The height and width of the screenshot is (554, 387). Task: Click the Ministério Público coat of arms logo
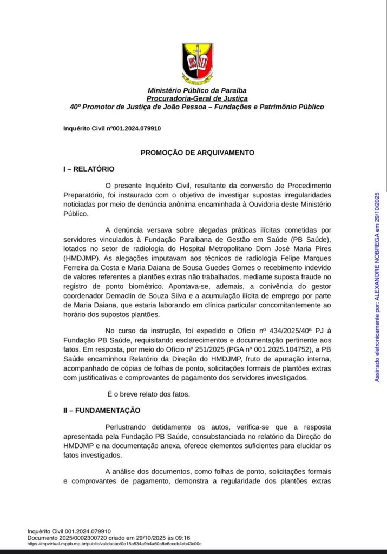[197, 62]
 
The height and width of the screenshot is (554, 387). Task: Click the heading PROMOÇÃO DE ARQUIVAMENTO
[197, 153]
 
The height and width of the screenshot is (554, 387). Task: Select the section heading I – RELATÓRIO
[89, 169]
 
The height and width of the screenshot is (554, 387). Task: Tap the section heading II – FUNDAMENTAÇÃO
[102, 411]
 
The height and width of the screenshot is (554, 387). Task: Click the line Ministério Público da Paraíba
[197, 90]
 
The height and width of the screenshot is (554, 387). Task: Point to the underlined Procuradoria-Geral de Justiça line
[197, 98]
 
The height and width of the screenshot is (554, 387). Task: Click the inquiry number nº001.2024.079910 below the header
[136, 128]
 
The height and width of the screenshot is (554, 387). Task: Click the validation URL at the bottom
[114, 544]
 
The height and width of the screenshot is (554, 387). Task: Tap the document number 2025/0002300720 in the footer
[84, 538]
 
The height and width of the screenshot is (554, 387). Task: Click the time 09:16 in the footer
[181, 538]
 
